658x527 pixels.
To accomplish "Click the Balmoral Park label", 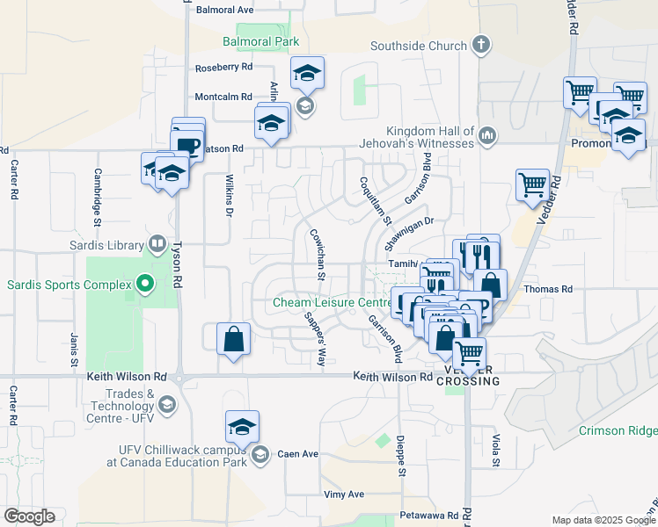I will pos(260,41).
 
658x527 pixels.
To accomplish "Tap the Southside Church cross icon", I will pos(480,44).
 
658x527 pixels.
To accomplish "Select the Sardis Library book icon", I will pos(157,242).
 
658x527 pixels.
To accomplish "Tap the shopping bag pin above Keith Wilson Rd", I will pos(234,339).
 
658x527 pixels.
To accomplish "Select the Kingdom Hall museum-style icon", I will pos(487,135).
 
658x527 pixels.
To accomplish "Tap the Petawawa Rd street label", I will pos(428,516).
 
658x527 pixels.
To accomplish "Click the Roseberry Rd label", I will pos(223,67).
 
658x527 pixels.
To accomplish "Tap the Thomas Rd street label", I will pos(548,288).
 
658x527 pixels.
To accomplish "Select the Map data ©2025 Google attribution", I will pos(603,520).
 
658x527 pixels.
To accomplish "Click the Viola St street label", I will pos(496,450).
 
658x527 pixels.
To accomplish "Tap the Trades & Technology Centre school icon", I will pos(167,404).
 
